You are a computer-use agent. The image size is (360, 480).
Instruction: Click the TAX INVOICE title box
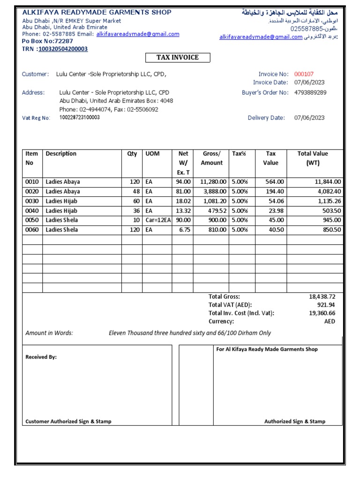click(x=177, y=58)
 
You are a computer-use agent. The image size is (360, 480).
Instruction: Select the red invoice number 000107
click(x=304, y=74)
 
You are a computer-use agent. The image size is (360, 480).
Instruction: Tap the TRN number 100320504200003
click(x=63, y=49)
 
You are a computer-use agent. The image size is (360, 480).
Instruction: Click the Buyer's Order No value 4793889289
click(x=310, y=92)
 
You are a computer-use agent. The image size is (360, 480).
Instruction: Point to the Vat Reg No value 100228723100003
click(x=79, y=118)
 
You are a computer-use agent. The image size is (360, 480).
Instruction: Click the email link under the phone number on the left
click(x=138, y=34)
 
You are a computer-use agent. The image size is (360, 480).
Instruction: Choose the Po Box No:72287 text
click(x=48, y=41)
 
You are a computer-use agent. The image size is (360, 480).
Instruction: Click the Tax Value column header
click(x=270, y=158)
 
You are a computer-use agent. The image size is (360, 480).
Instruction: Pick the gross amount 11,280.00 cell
click(x=213, y=182)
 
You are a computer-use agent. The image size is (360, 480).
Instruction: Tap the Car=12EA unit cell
click(x=157, y=220)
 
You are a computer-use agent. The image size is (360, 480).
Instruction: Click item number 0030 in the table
click(x=32, y=201)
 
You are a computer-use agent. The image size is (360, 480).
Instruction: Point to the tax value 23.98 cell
click(x=275, y=211)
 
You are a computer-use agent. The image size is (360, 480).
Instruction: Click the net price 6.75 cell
click(x=184, y=230)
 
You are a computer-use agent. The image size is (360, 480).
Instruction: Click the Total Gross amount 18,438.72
click(x=322, y=297)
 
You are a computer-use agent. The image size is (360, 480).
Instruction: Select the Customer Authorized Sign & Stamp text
click(x=68, y=421)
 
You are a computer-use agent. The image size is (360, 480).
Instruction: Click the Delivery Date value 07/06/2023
click(x=309, y=118)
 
